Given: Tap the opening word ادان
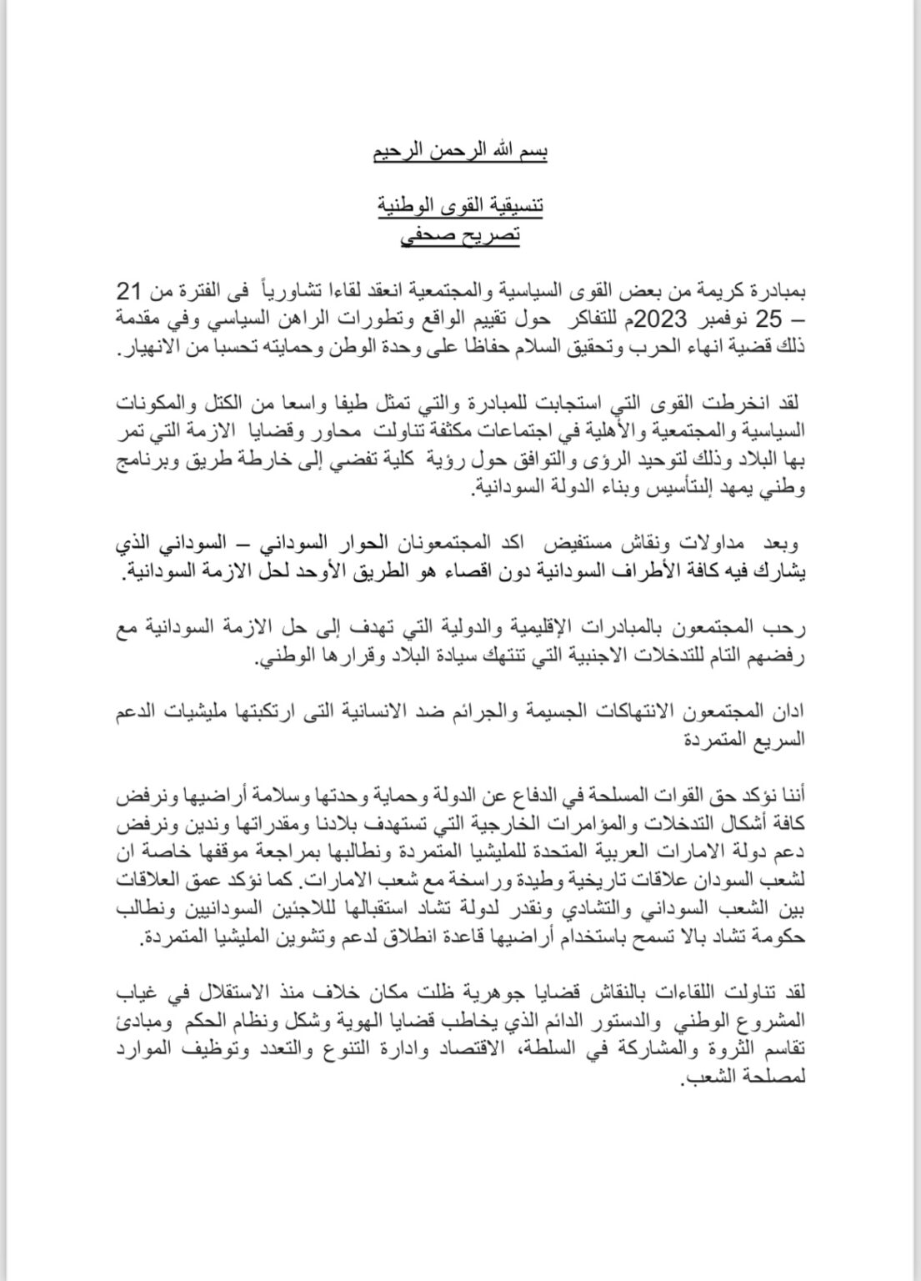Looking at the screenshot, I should [x=790, y=714].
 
